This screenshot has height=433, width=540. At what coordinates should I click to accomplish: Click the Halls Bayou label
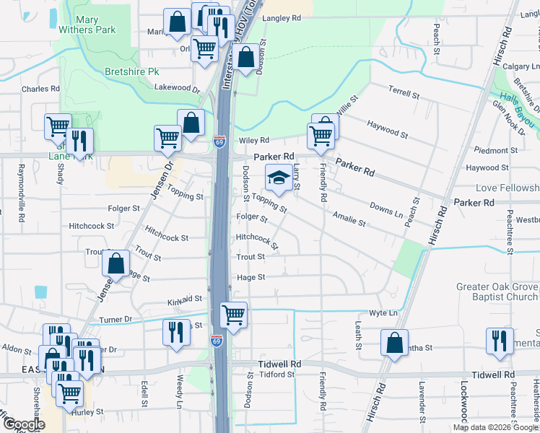coord(515,103)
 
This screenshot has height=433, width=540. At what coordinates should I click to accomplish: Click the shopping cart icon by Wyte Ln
coord(233,315)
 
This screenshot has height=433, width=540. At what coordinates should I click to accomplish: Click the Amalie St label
coord(349,218)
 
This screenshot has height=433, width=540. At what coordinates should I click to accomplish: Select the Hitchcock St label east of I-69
coord(257,240)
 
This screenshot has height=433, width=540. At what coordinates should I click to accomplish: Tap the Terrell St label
coord(404,93)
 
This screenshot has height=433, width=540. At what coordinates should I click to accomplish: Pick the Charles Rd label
coord(40,89)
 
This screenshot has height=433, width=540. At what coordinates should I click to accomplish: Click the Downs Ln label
coord(386,209)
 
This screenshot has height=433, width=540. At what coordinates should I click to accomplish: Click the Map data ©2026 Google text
coord(495,427)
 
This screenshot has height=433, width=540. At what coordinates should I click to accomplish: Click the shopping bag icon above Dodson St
coord(245,58)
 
